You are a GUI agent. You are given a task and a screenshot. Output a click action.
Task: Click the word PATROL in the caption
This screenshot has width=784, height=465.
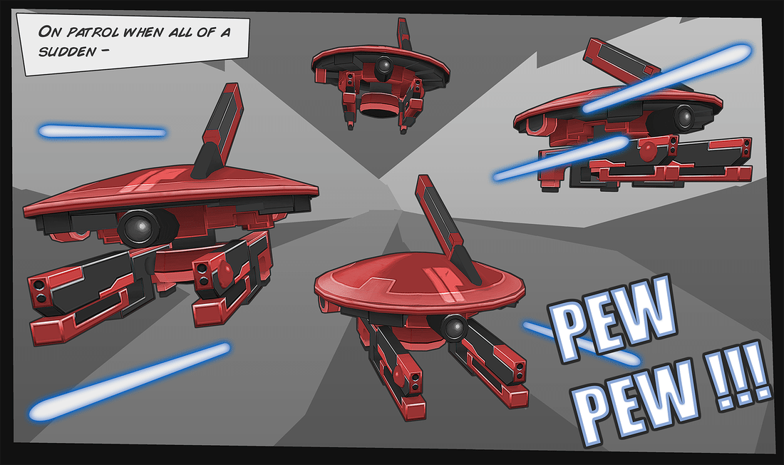click(93, 33)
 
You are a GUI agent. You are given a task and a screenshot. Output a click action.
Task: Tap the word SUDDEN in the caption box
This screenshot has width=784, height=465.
click(67, 51)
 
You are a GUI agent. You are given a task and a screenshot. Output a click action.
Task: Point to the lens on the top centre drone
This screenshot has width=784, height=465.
click(384, 66)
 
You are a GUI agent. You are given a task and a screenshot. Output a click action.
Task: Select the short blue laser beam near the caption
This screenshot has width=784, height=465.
click(102, 132)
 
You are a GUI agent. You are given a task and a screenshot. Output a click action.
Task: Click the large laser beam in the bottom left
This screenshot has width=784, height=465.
click(129, 382)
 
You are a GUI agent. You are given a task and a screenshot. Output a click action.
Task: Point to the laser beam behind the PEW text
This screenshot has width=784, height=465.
click(581, 343)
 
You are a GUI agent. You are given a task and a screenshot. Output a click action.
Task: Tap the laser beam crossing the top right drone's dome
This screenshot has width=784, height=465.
click(667, 78)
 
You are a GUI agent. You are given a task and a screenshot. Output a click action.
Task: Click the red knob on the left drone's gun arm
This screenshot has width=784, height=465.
click(225, 272)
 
